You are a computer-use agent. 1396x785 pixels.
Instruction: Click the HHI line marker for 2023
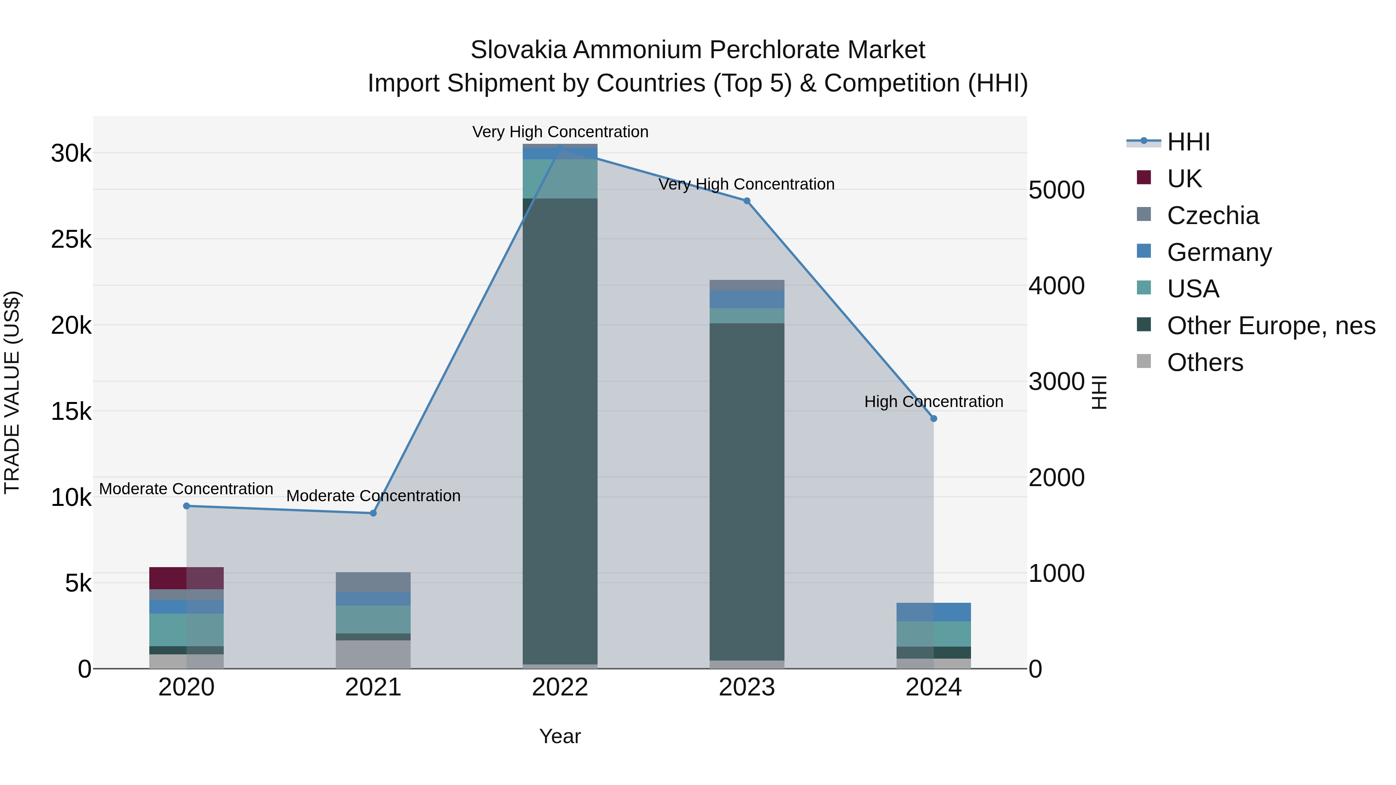747,201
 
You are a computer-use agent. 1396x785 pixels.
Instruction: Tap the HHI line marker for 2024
933,419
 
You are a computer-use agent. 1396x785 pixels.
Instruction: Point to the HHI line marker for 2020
187,506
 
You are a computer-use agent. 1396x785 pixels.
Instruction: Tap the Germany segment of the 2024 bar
933,612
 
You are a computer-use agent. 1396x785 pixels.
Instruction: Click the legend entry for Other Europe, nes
1270,326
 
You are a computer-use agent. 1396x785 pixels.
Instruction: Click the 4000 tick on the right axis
1056,286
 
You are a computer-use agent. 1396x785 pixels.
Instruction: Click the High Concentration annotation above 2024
933,402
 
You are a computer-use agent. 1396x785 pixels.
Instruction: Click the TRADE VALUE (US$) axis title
12,392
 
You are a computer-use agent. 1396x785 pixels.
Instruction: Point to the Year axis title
560,736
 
